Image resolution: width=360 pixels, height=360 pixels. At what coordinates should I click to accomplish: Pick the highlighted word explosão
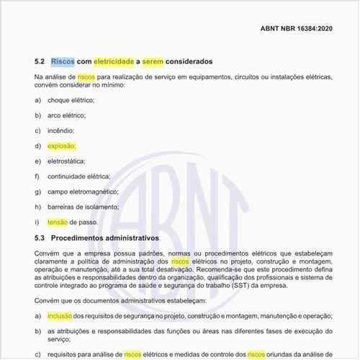tap(61, 145)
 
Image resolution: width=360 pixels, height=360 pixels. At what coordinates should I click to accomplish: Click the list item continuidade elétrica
tap(78, 176)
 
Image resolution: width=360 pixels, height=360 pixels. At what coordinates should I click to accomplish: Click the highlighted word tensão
tap(58, 222)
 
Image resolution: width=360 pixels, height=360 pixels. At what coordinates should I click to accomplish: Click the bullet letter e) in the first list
tap(37, 161)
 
